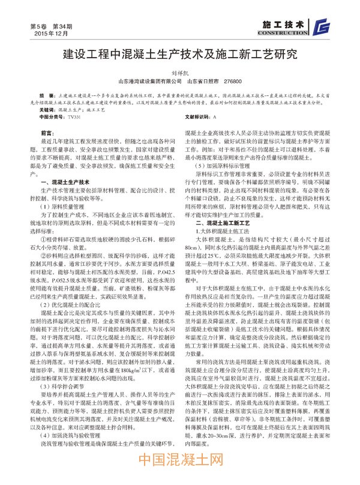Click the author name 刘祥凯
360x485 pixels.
coord(180,71)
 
